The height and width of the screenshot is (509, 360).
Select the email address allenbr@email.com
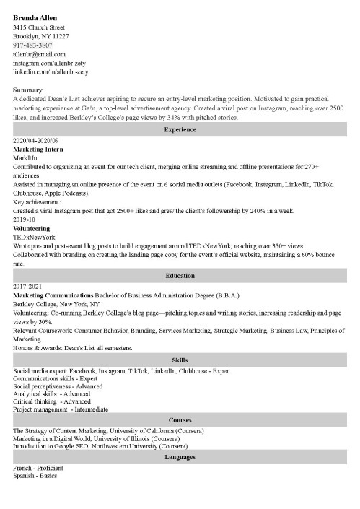40,54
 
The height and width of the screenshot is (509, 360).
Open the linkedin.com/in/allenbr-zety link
51,71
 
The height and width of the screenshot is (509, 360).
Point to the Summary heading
28,89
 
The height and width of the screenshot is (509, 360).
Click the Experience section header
180,128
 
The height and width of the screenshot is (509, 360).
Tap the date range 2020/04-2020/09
42,139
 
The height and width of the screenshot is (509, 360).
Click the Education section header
180,275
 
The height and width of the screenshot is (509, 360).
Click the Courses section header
180,419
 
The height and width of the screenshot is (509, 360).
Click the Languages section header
180,457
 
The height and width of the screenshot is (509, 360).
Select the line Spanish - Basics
35,476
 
